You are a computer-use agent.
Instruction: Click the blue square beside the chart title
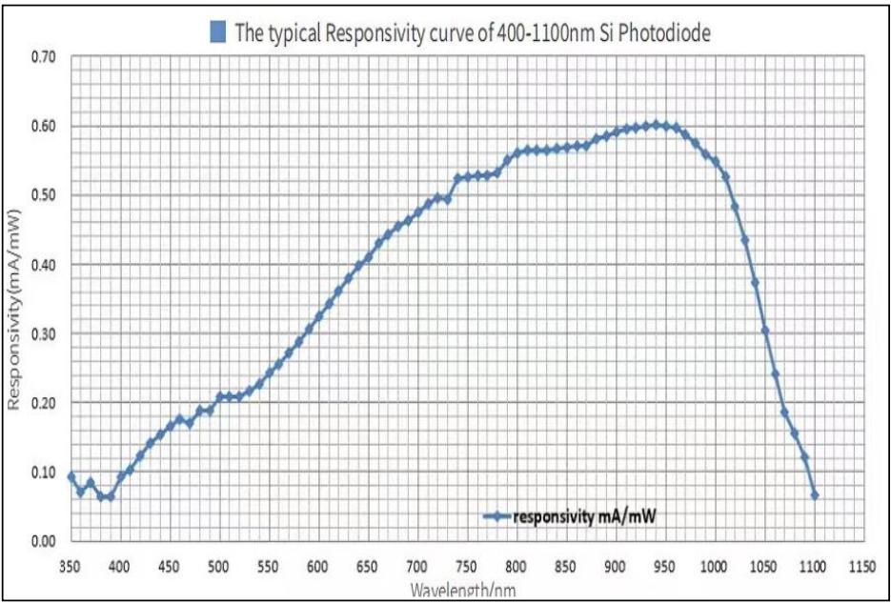[216, 34]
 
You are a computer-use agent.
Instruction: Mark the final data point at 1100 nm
[814, 495]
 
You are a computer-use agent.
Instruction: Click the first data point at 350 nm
[71, 475]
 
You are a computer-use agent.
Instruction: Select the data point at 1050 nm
[764, 331]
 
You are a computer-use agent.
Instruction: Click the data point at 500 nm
[219, 396]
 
